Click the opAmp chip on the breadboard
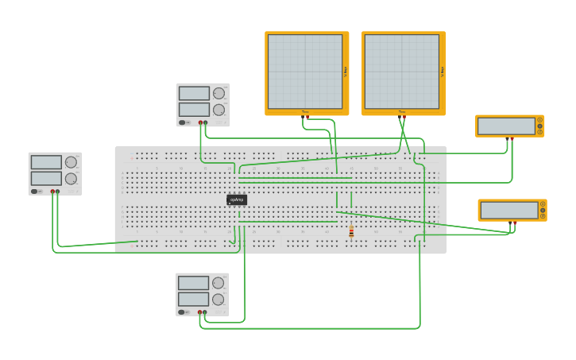tap(237, 199)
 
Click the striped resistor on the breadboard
tap(351, 231)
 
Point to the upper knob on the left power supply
tap(71, 162)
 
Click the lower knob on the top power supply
tap(218, 110)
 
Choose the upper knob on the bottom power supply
tap(218, 283)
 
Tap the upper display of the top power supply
tap(194, 94)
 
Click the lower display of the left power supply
tap(46, 179)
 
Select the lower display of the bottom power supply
tap(194, 300)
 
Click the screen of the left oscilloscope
tap(305, 72)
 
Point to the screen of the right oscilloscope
tap(402, 72)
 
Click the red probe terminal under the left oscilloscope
tap(307, 117)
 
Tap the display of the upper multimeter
tap(506, 126)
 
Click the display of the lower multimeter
tap(508, 210)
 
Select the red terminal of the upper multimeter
tap(512, 138)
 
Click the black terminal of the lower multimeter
tap(509, 223)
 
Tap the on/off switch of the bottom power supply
tap(183, 312)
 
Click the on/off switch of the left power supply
tap(35, 192)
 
